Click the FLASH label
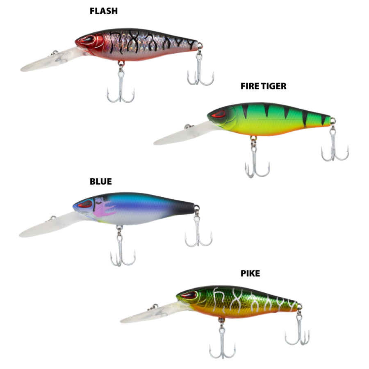[x=104, y=11]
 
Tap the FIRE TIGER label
[x=263, y=86]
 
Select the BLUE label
[x=101, y=182]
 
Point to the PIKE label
[x=250, y=273]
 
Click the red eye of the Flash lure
[x=86, y=39]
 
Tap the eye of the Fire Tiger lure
[x=219, y=114]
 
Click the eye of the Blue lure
[x=85, y=204]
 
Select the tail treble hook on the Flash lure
[x=200, y=68]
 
